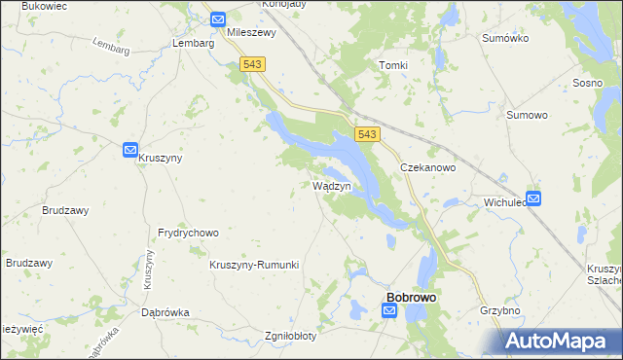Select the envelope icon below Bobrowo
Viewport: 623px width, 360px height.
coord(389,310)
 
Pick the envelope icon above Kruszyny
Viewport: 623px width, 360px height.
coord(130,150)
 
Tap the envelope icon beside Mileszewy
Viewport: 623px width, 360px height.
coord(217,18)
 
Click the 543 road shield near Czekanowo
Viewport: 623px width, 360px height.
coord(367,135)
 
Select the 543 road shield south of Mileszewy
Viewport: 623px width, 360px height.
coord(252,63)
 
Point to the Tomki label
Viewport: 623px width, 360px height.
coord(392,65)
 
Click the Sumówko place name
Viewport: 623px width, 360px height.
coord(504,38)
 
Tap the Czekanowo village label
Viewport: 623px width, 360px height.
coord(429,167)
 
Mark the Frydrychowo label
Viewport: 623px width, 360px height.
coord(188,234)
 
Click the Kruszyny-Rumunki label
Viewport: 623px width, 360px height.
coord(254,265)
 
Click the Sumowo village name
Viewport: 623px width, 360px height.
coord(528,115)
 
